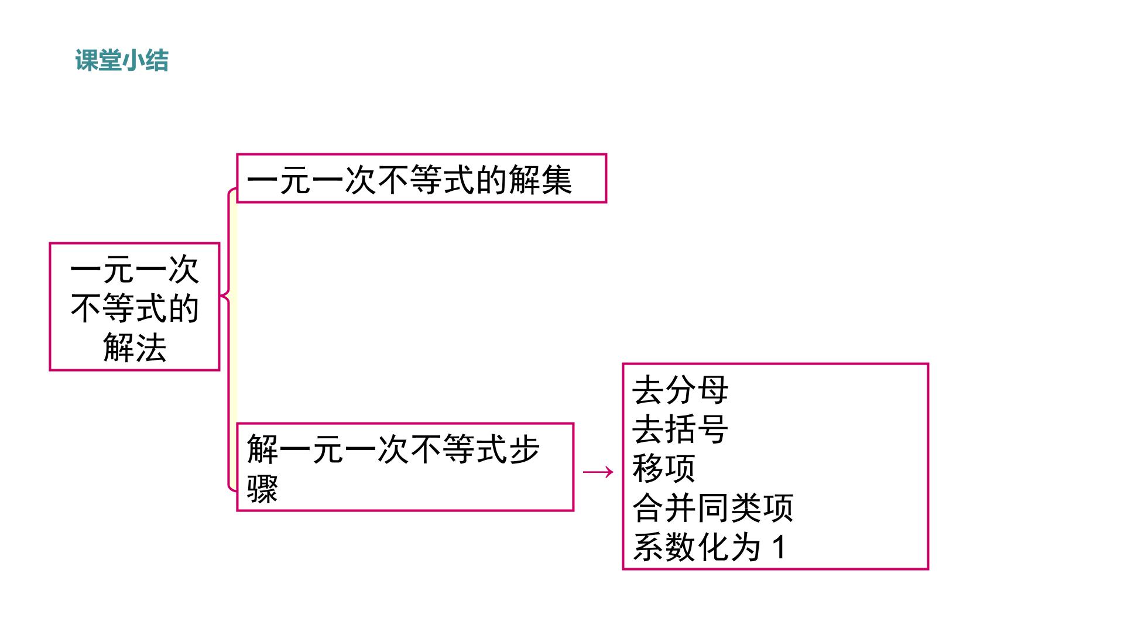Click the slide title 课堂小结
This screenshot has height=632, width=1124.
[122, 61]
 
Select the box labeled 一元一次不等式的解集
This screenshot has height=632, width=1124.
[421, 178]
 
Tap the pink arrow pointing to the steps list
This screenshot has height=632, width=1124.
[598, 472]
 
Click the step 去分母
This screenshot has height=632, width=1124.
[680, 390]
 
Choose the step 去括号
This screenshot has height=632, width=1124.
[680, 429]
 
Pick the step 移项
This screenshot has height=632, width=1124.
[664, 468]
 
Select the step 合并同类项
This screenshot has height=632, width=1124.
[712, 507]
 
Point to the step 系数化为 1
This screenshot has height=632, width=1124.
[709, 547]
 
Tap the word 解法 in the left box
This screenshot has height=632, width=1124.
[135, 348]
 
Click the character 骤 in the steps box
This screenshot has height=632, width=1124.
[262, 489]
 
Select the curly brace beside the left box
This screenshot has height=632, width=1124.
[228, 339]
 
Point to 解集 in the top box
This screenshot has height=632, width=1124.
[540, 180]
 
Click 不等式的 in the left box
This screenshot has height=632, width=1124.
[135, 308]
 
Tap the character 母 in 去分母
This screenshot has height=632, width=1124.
[713, 390]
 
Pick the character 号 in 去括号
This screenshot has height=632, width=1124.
[713, 429]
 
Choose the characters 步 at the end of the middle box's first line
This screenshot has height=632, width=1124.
[524, 449]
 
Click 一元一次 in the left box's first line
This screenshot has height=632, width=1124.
[135, 270]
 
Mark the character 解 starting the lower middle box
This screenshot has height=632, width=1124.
[262, 449]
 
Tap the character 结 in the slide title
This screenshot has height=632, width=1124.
[157, 61]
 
